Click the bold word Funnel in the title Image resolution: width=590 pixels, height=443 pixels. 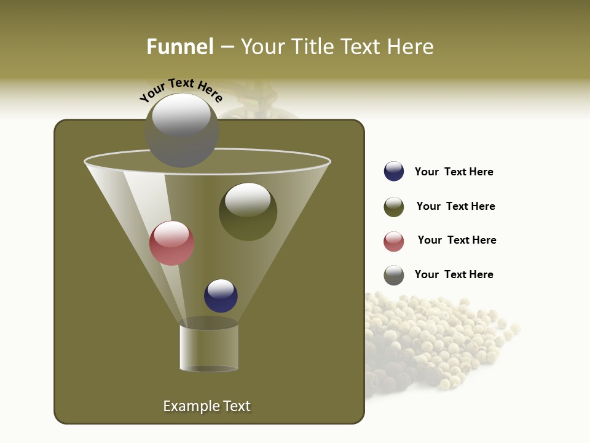coord(180,47)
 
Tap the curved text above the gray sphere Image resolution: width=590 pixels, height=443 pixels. coord(181,90)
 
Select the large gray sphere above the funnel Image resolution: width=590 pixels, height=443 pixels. coord(182,130)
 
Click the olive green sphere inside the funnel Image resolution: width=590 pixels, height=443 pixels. coord(248,212)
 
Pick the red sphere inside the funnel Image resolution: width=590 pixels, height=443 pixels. coord(171,243)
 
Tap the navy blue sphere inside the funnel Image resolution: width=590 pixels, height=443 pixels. coord(221,296)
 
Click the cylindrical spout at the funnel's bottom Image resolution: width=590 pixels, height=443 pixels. coord(209,348)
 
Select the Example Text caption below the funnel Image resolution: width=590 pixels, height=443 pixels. coord(206,406)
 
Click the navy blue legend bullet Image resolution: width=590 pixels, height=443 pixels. coord(394,172)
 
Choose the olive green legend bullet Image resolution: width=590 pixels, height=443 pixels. coord(394,207)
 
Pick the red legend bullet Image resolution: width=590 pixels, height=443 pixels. coord(394,241)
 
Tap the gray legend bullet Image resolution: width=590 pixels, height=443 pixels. coord(394,275)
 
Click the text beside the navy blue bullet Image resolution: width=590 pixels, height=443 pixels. coord(454,172)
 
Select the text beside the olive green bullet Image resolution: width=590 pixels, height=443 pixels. coord(455,206)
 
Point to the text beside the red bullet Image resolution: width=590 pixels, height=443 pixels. coord(457,240)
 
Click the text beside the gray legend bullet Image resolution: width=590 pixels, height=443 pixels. coord(454,274)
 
